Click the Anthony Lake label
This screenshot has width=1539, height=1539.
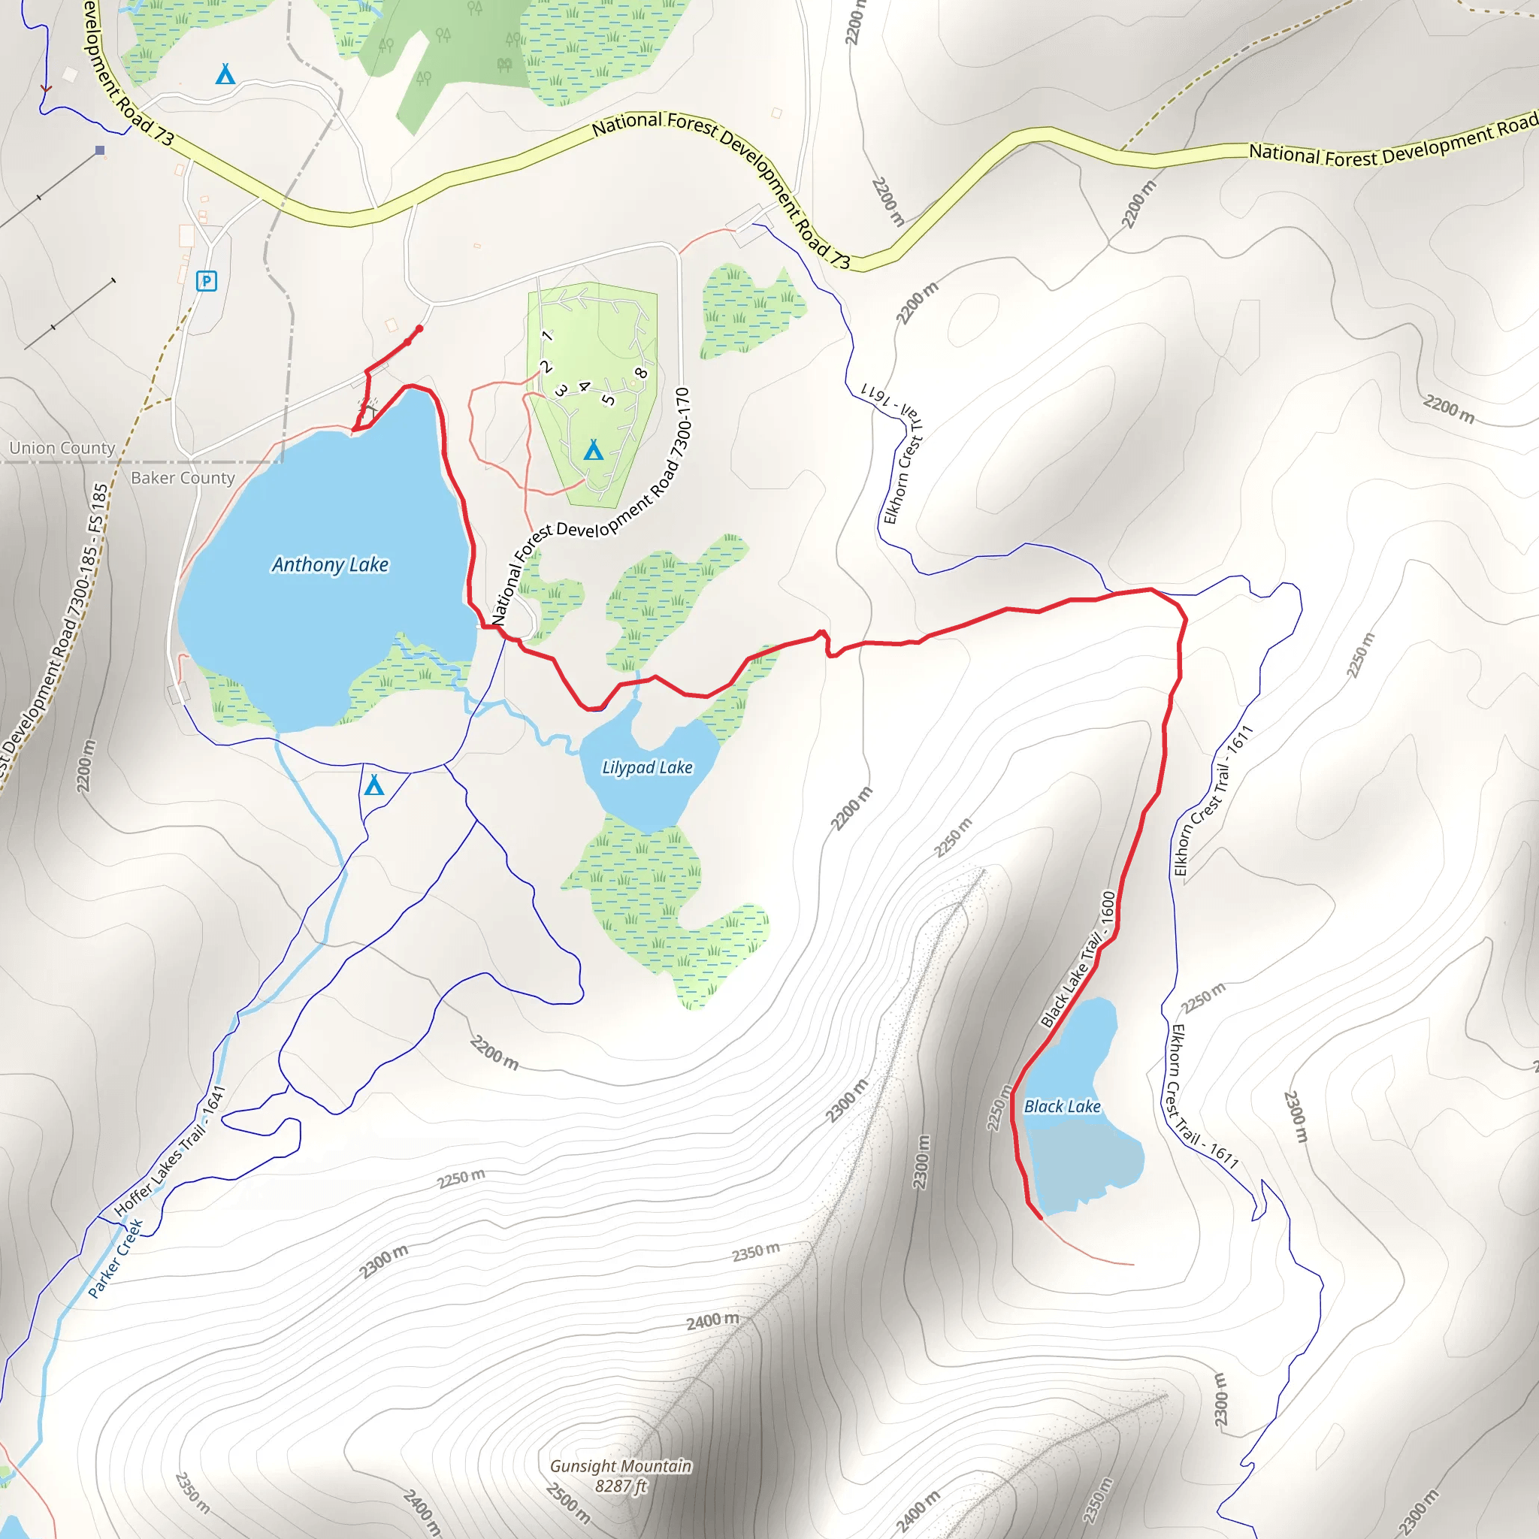[330, 565]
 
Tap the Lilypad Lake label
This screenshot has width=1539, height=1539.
[647, 767]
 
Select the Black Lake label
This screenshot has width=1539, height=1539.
[1062, 1106]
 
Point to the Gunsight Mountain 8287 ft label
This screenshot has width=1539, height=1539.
[621, 1475]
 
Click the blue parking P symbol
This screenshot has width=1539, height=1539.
[207, 280]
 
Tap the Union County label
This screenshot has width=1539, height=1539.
[62, 448]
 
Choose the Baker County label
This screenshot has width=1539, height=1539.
[183, 478]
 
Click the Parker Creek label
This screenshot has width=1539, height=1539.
[115, 1259]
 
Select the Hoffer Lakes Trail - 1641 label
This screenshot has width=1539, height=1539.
[170, 1152]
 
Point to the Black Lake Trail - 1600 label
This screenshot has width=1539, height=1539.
[1078, 959]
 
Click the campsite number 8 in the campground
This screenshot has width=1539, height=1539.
[640, 373]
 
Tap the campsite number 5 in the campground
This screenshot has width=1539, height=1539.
[609, 399]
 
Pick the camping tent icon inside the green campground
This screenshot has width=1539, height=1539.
[593, 451]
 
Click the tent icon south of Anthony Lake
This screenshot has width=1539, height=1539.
[373, 785]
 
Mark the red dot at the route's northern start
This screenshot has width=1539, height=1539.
[420, 328]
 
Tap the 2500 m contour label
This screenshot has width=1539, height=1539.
[568, 1502]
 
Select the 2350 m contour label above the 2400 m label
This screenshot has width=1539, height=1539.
[755, 1251]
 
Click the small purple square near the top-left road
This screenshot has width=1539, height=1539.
[100, 150]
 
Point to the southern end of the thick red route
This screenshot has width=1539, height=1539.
[1039, 1217]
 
